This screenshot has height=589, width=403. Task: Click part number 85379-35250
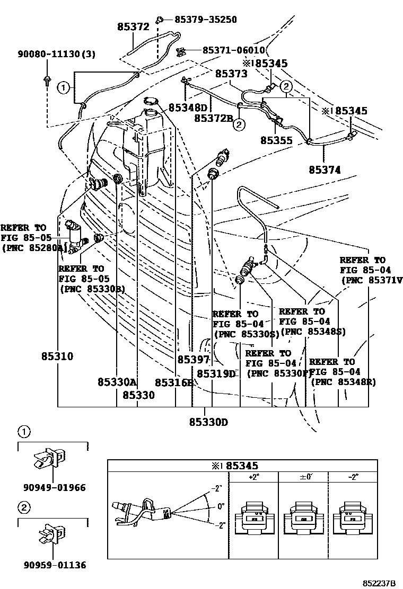(206, 20)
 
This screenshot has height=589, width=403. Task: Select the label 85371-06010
(233, 50)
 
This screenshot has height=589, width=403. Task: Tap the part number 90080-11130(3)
(49, 54)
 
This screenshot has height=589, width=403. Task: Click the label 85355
(277, 141)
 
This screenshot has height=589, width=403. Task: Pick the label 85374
(325, 170)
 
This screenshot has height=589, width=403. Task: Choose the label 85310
(57, 356)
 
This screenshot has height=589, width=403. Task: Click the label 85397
(194, 360)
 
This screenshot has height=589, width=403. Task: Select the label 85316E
(174, 382)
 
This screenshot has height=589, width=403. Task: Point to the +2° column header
(253, 477)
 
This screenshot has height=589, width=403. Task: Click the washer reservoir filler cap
(152, 101)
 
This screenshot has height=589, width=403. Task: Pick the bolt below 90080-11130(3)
(47, 80)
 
